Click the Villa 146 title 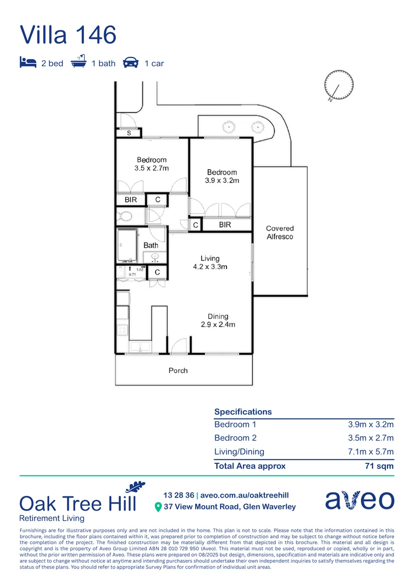[x=68, y=35]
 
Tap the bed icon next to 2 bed [x=28, y=62]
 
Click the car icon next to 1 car [x=131, y=62]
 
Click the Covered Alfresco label [x=280, y=233]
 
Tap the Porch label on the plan [x=178, y=371]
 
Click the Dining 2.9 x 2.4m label [x=218, y=321]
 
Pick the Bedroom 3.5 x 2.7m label [x=152, y=164]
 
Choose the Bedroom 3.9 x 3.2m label [x=222, y=176]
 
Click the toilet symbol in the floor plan [x=125, y=216]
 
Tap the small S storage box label [x=129, y=133]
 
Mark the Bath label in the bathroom [x=151, y=245]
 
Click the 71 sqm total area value [x=380, y=466]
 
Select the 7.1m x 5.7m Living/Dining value [x=371, y=452]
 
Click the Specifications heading [x=243, y=412]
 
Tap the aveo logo [x=359, y=500]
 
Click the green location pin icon [x=158, y=507]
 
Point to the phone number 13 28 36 [x=178, y=495]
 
